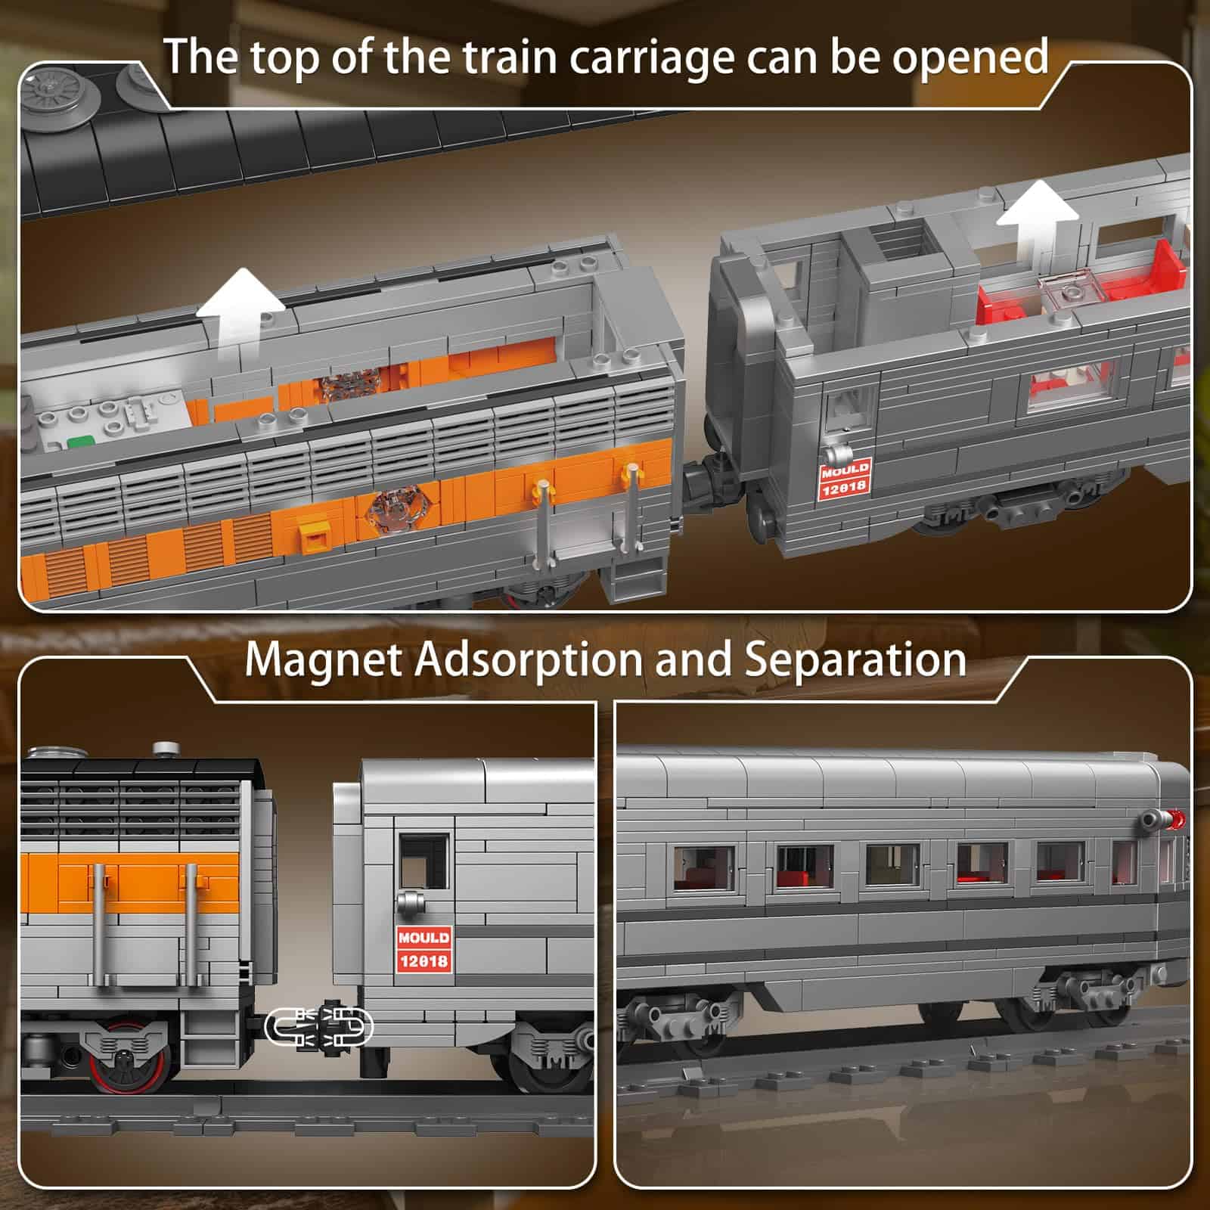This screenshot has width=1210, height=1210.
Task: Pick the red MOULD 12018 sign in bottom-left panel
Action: pyautogui.click(x=423, y=949)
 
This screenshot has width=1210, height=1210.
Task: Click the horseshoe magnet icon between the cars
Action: pyautogui.click(x=319, y=1027)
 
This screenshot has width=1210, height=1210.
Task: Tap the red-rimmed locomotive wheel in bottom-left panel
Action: pyautogui.click(x=126, y=1057)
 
